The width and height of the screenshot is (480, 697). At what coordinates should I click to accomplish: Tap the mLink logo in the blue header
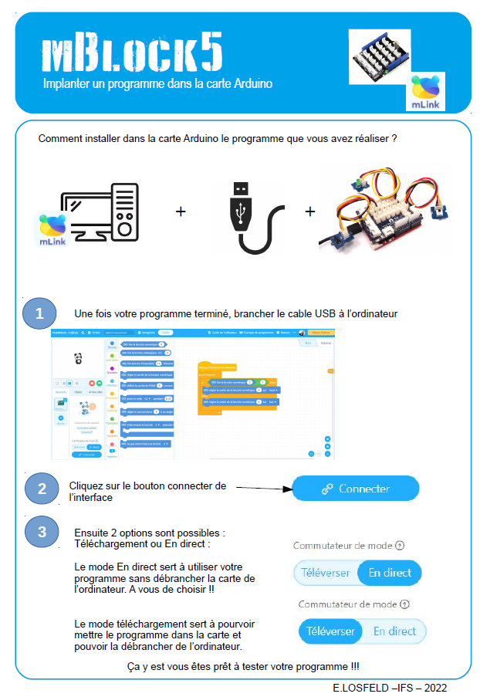point(427,92)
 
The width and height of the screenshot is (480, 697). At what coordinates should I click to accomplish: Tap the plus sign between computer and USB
point(181,211)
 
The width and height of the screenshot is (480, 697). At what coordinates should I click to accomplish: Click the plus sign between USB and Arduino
point(310,211)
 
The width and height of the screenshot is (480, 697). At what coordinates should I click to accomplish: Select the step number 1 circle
point(39,313)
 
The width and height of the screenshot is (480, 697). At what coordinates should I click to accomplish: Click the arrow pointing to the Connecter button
point(262,488)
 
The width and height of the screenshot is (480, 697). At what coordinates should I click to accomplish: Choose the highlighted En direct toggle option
point(390,573)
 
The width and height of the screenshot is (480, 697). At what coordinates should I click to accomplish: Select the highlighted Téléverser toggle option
point(331,631)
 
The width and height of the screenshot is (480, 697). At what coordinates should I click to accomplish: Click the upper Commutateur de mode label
point(343,546)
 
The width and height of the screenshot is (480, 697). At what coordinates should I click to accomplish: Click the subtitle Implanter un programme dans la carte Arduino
point(158,83)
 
